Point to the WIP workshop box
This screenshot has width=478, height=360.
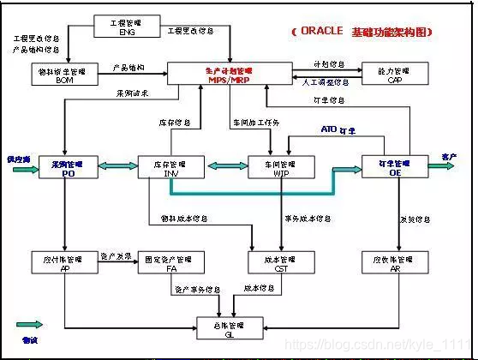283,166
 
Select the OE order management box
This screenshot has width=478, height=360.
396,166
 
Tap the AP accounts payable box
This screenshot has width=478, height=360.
64,261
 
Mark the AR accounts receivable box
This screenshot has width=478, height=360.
396,261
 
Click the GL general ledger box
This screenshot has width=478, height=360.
227,328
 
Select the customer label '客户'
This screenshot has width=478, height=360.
449,157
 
